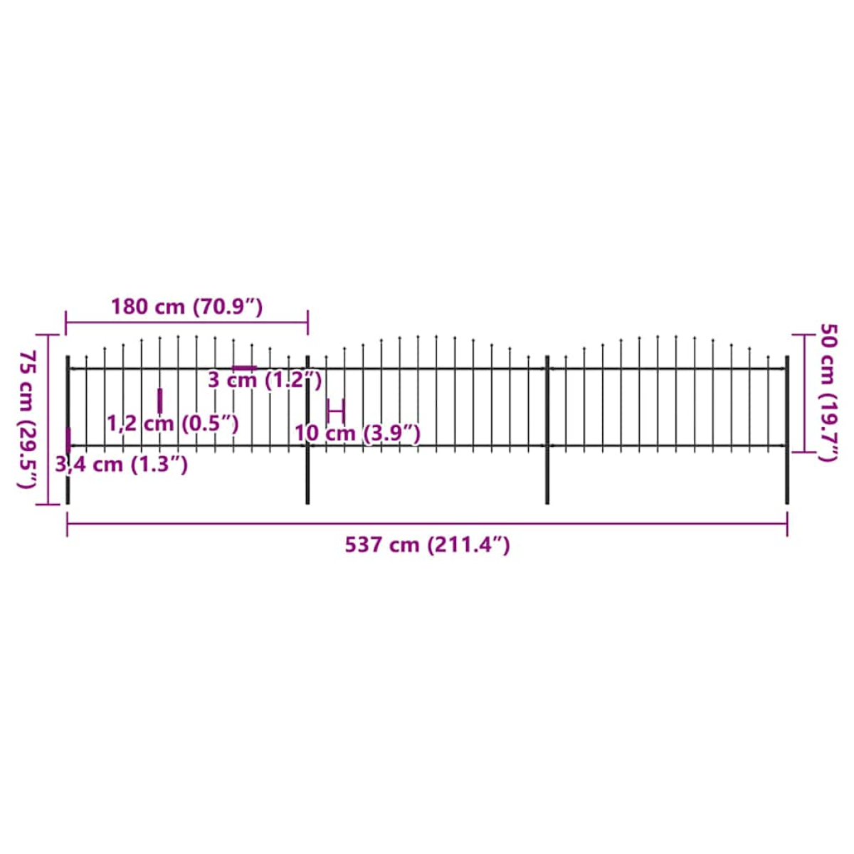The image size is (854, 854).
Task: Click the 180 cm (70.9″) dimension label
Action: coord(186,307)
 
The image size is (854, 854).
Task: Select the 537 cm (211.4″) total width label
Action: coord(427,544)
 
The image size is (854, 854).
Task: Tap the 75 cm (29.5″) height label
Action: coord(27,419)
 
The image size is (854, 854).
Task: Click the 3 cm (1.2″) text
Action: coord(265,380)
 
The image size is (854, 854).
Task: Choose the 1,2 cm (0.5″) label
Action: coord(173,423)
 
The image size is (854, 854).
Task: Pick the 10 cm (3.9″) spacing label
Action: coord(357,433)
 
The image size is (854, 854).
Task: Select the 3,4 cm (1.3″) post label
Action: coord(122,465)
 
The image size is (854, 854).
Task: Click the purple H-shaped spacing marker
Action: coord(335,411)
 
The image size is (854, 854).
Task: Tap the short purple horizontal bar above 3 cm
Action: coord(245,367)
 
